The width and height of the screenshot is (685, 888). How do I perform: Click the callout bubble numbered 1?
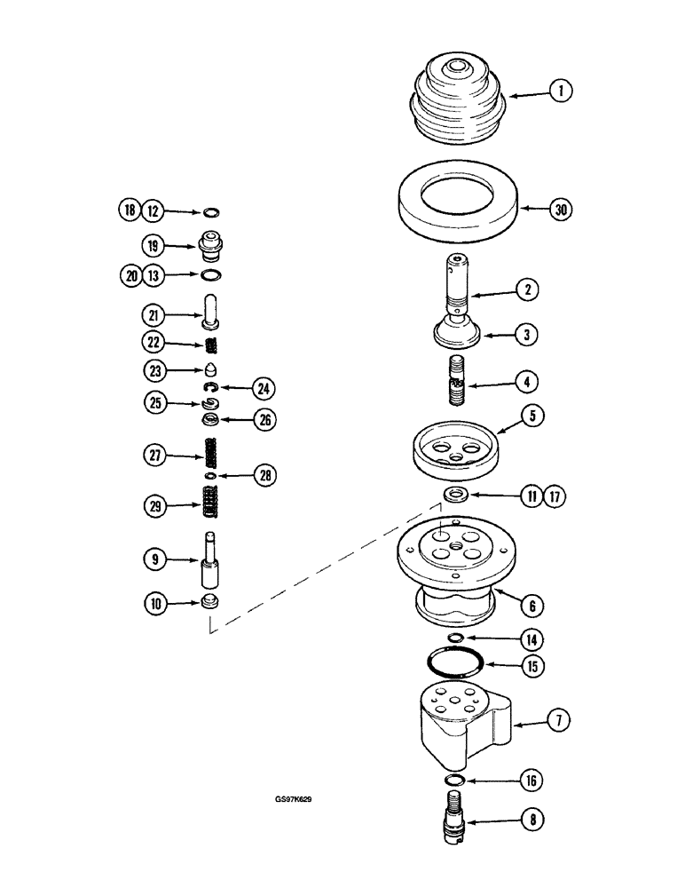[560, 91]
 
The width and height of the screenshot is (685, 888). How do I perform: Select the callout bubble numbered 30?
[559, 210]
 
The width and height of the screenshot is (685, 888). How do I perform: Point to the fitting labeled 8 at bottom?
[455, 818]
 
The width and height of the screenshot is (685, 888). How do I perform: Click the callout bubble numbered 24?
[263, 388]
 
